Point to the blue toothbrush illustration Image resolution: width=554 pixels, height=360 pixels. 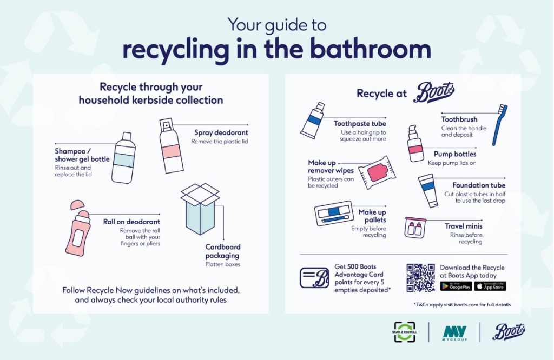[499, 125]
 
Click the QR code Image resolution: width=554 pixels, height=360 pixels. [420, 277]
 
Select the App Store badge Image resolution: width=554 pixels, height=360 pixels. [490, 286]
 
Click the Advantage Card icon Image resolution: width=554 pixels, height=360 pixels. [314, 277]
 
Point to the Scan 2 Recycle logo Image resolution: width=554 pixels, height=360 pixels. [404, 332]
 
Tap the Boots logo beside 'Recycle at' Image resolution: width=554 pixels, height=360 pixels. [433, 93]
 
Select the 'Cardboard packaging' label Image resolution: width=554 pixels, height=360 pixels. [223, 251]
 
